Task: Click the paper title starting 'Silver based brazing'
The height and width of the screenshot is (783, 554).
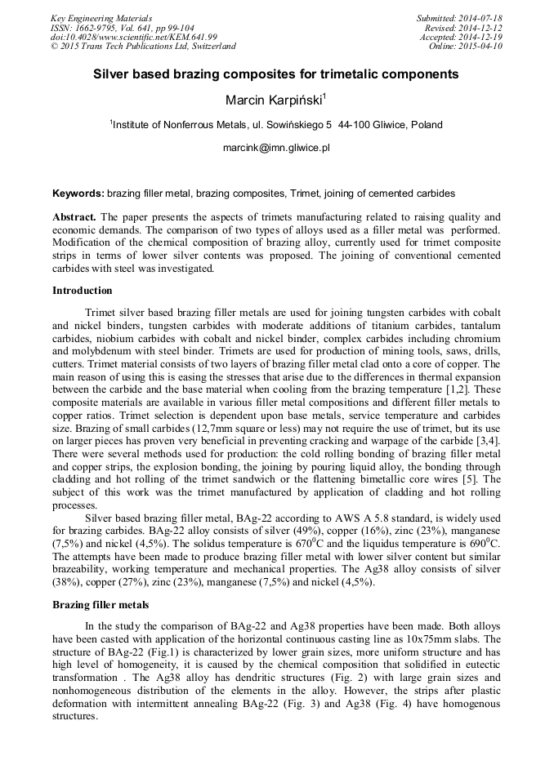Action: click(275, 74)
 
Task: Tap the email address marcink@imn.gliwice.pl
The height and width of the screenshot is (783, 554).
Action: click(275, 149)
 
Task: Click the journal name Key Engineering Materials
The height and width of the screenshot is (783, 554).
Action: click(101, 18)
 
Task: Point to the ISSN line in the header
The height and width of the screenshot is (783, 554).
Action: click(123, 28)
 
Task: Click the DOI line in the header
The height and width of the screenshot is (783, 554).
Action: click(134, 37)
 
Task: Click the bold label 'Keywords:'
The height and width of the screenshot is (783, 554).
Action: click(78, 194)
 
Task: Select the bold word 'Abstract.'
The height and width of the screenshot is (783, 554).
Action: click(74, 217)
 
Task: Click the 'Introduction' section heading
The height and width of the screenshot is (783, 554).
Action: click(83, 291)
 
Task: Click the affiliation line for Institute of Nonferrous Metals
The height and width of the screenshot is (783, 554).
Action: click(275, 125)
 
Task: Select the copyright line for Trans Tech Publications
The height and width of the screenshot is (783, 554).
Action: click(143, 47)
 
